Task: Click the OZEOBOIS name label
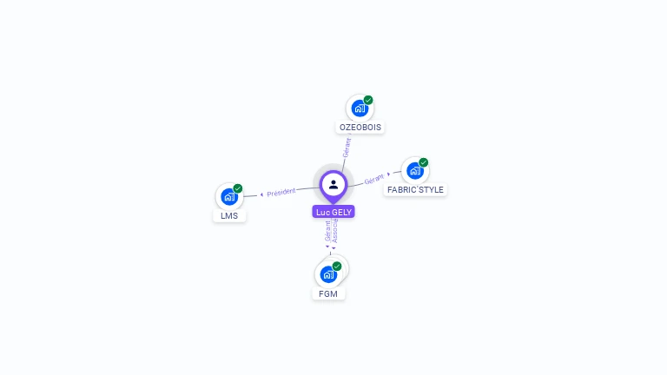tap(360, 127)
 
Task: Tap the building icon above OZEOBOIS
tap(359, 109)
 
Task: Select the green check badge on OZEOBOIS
tap(368, 100)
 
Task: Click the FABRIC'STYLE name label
tap(415, 189)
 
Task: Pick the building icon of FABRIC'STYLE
tap(414, 171)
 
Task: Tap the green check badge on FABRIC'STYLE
tap(424, 162)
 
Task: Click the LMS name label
tap(229, 215)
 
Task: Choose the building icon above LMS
tap(228, 197)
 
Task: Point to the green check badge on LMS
tap(238, 188)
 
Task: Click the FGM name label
tap(328, 293)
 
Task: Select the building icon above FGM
tap(327, 274)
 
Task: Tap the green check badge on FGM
tap(337, 266)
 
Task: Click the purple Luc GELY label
tap(333, 212)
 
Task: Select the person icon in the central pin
tap(333, 184)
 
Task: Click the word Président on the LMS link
tap(281, 192)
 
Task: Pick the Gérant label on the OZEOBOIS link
tap(347, 148)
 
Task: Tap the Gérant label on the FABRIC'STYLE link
tap(374, 179)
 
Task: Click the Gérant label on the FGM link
tap(328, 232)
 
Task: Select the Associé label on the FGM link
tap(335, 230)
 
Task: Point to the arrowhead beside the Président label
tap(261, 194)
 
